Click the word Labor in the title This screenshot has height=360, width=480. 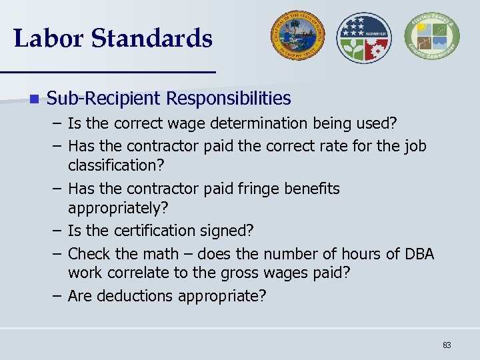(x=47, y=38)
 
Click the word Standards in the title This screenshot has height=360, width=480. (x=152, y=38)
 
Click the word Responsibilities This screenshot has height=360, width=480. (x=228, y=99)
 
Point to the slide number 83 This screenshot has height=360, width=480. (x=446, y=345)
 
